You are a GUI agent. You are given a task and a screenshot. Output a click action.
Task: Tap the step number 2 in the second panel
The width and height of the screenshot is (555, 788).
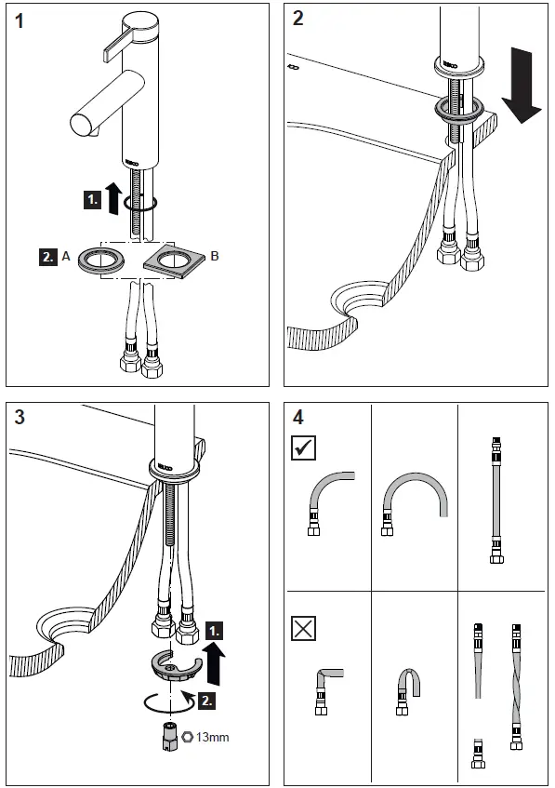(x=297, y=20)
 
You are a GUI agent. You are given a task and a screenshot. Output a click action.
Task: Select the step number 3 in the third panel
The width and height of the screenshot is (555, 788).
(x=20, y=416)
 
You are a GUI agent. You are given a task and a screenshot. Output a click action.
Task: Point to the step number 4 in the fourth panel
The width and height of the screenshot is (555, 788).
(x=297, y=416)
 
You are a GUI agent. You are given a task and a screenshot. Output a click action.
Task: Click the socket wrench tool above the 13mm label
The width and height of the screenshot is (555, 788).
(x=168, y=735)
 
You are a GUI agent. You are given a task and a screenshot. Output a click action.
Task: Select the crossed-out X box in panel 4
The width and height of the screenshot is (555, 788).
(x=304, y=629)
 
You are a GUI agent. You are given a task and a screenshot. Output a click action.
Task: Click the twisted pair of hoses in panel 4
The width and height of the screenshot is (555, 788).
(x=512, y=684)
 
